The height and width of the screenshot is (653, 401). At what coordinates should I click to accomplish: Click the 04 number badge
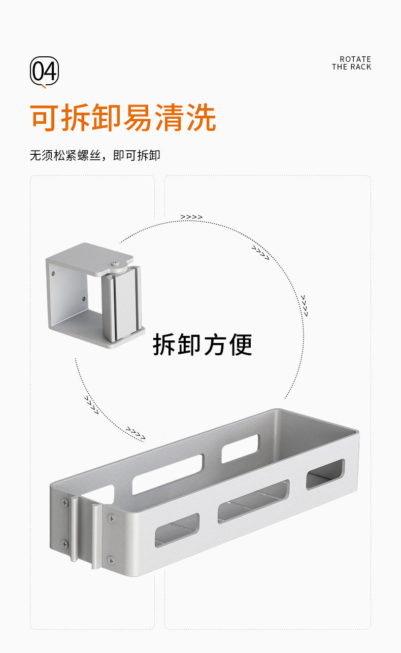tap(45, 71)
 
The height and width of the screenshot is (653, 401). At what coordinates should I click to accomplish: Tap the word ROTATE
tap(355, 59)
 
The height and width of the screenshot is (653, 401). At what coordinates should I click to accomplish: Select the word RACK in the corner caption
tap(360, 67)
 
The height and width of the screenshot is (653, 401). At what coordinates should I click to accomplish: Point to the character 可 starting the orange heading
tap(45, 118)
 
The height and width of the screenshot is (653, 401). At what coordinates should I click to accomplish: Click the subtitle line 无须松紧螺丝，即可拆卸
tap(95, 155)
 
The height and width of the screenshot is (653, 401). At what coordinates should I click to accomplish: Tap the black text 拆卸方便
tap(203, 345)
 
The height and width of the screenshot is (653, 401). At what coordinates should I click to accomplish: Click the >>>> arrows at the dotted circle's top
tap(191, 217)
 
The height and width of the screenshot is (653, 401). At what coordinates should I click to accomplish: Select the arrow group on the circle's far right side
tap(304, 305)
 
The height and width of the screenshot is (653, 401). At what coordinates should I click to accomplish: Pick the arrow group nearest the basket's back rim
tap(136, 433)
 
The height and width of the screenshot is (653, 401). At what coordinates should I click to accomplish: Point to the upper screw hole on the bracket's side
tap(54, 274)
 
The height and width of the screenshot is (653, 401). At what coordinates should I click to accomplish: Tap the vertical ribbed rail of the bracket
tap(122, 304)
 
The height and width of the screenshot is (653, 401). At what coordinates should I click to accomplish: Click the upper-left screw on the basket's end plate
tap(64, 502)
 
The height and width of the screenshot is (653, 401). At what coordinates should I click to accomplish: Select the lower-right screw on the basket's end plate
tap(111, 560)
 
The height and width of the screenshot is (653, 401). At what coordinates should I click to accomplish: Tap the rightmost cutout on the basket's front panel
tap(325, 474)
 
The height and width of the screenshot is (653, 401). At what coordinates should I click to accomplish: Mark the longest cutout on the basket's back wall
tap(168, 474)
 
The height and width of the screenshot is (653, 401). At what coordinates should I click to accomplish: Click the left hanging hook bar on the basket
tap(74, 528)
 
